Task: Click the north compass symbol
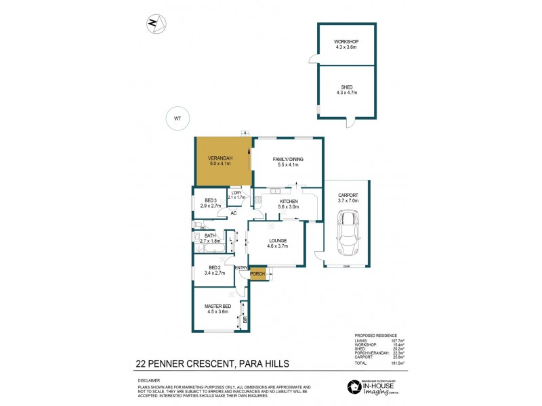click(x=155, y=24)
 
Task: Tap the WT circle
click(x=178, y=118)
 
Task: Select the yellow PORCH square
click(x=257, y=275)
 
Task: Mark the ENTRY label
click(x=241, y=268)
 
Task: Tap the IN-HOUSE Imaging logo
click(x=376, y=386)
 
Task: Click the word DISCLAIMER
click(x=150, y=380)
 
